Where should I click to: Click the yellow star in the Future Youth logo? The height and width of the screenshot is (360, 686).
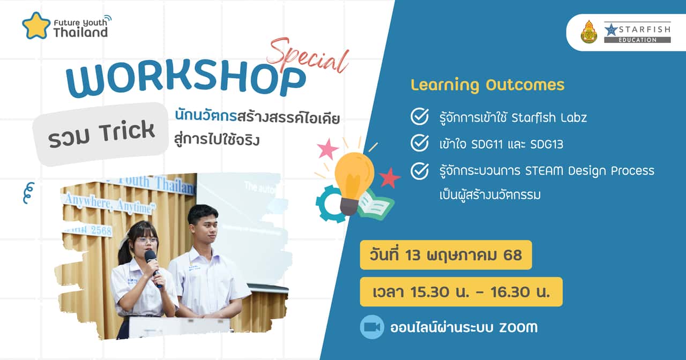pos(36,26)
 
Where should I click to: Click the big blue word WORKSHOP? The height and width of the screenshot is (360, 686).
pos(185,80)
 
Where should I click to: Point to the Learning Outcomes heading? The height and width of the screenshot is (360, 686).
pos(487,85)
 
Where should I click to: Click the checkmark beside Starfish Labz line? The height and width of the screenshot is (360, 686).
pos(419,116)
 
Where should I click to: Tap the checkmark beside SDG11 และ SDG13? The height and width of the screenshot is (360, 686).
pos(419,143)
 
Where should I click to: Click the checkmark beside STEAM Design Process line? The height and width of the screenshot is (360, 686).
pos(419,171)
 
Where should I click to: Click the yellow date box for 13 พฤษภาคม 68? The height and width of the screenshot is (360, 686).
pos(446,255)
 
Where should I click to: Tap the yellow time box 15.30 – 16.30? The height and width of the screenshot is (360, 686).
pos(461,292)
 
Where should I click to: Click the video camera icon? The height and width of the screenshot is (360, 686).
pos(371,327)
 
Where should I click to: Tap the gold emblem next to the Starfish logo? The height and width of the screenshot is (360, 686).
pos(588,32)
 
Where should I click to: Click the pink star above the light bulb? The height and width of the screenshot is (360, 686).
pos(327,148)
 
